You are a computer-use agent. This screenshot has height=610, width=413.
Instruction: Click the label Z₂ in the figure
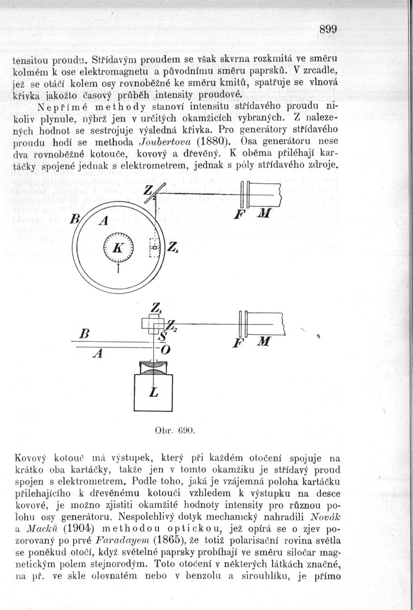[170, 327]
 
